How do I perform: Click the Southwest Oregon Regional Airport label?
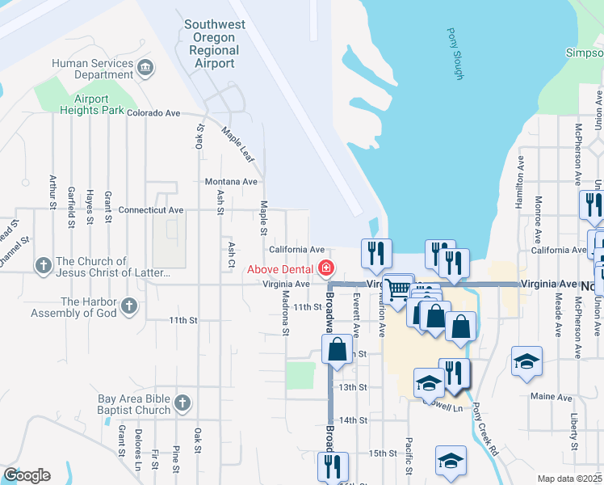pyautogui.click(x=215, y=44)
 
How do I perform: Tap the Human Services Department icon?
pyautogui.click(x=145, y=65)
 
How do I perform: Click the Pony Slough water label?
pyautogui.click(x=455, y=54)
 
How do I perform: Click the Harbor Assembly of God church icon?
pyautogui.click(x=128, y=306)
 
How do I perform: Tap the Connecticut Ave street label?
pyautogui.click(x=150, y=209)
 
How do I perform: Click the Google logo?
pyautogui.click(x=27, y=475)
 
